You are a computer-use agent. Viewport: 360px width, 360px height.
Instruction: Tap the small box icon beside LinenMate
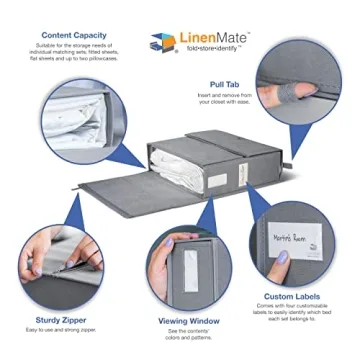(161, 43)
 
